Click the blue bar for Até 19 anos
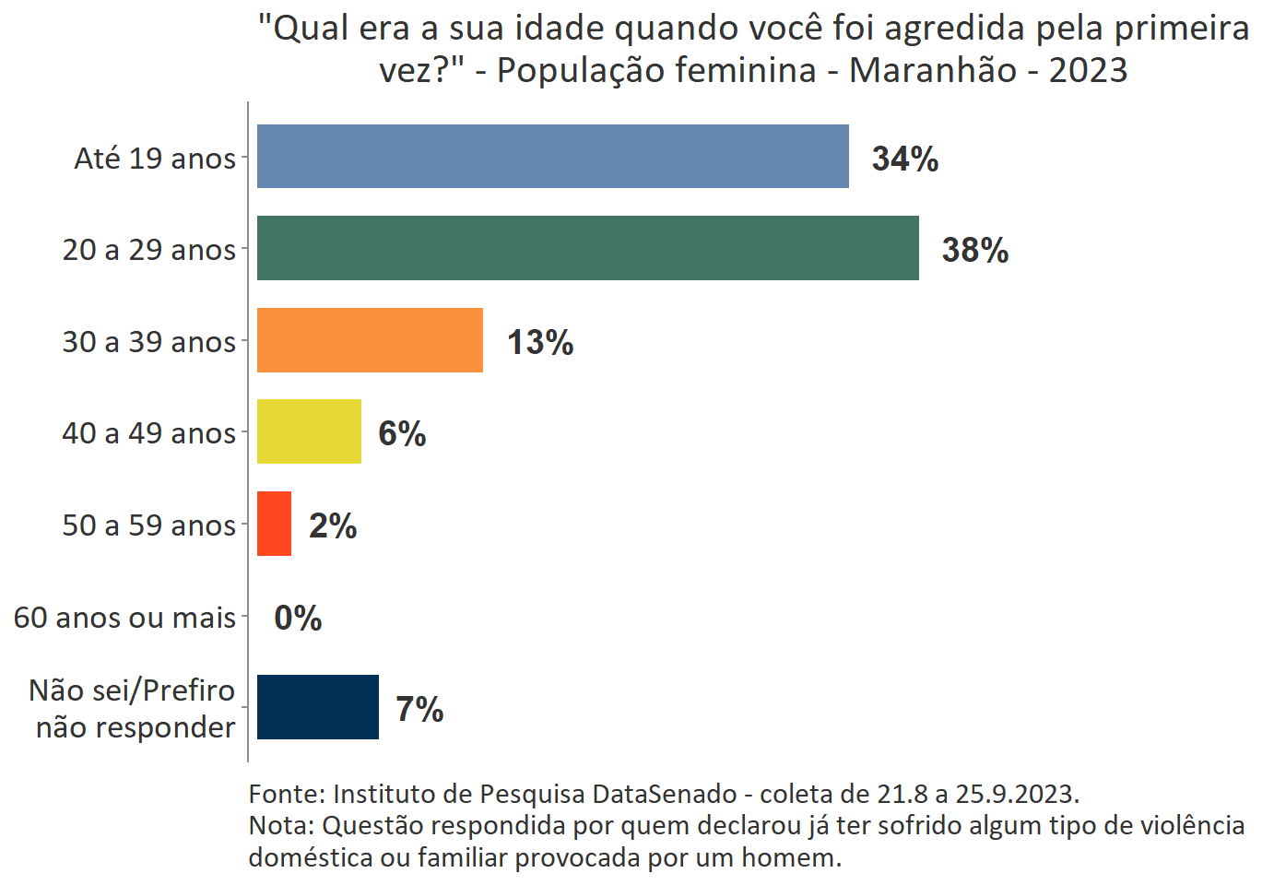pos(552,157)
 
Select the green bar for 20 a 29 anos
pos(587,248)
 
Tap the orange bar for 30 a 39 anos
pos(370,340)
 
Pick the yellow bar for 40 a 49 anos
pos(309,431)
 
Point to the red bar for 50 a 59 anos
pos(274,524)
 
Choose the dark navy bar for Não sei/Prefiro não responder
pos(317,707)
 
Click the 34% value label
pos(904,159)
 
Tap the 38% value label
pos(974,250)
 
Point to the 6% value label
pos(402,433)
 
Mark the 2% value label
pos(332,525)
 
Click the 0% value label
pos(298,618)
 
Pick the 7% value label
pos(419,709)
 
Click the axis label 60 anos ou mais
pos(124,617)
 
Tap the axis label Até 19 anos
pos(155,159)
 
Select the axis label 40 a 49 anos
pos(148,433)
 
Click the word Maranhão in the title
pos(932,70)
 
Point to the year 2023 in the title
pos(1088,70)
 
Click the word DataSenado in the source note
pos(664,794)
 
